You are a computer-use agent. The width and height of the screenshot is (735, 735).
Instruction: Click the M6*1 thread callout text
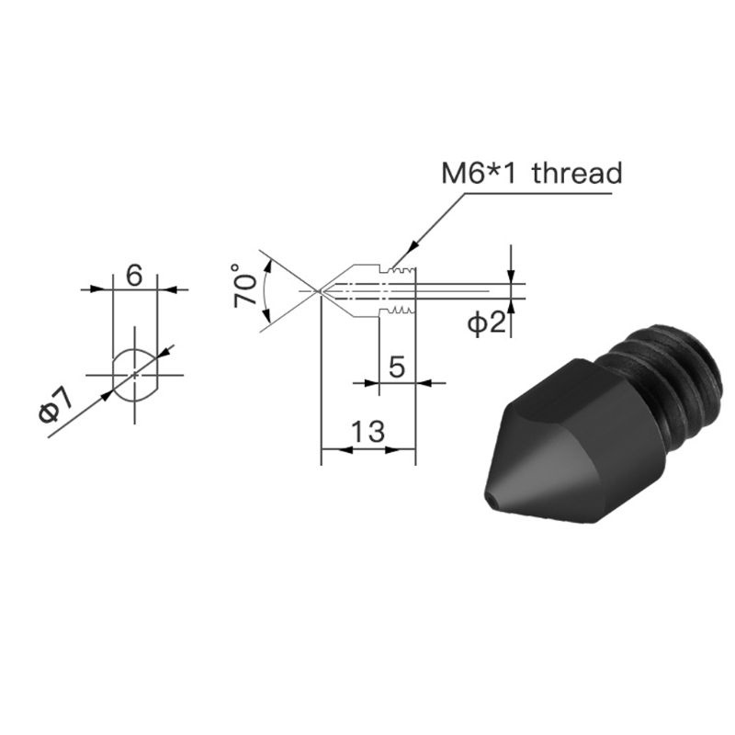pyautogui.click(x=532, y=173)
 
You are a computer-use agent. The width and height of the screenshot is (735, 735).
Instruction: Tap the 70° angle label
pyautogui.click(x=244, y=286)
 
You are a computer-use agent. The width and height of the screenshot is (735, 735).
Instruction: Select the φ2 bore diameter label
pyautogui.click(x=487, y=323)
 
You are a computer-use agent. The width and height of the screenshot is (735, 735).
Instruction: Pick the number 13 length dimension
pyautogui.click(x=368, y=431)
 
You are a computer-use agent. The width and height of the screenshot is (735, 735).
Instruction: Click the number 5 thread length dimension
pyautogui.click(x=397, y=367)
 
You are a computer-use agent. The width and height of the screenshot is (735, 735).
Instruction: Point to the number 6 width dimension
pyautogui.click(x=134, y=275)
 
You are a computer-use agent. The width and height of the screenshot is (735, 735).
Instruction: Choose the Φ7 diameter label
pyautogui.click(x=56, y=405)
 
